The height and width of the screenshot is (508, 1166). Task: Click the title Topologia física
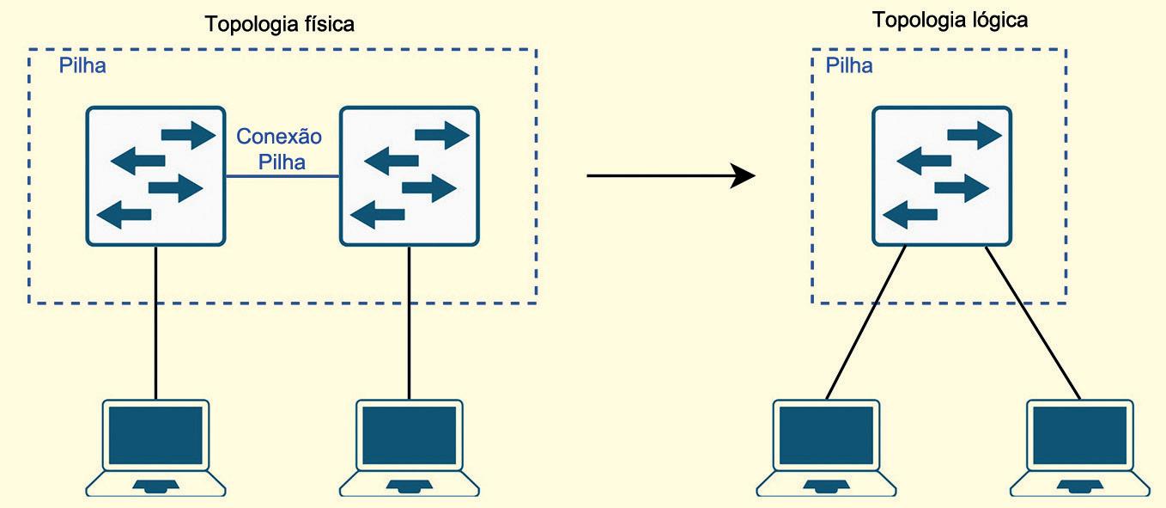279,24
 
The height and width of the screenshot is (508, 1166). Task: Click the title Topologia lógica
950,20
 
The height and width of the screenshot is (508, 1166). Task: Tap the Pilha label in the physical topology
82,66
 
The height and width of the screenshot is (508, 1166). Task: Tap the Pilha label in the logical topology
849,66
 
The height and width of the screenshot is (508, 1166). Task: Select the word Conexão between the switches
279,137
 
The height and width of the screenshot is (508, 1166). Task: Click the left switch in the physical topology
155,176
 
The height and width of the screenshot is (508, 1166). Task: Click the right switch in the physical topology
410,176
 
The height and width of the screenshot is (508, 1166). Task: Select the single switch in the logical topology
942,176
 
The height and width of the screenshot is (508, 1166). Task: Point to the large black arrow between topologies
670,176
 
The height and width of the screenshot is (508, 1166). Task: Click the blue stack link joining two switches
282,177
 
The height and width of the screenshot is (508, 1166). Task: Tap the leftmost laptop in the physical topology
155,447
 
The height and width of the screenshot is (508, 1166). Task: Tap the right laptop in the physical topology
410,447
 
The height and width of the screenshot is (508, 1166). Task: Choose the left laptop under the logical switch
826,447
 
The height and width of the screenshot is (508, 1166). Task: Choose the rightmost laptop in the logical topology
1079,447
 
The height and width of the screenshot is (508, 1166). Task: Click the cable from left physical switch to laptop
155,322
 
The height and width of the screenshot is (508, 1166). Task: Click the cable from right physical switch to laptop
410,322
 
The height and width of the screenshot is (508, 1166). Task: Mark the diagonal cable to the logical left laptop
865,322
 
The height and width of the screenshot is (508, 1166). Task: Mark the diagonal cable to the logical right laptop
1033,322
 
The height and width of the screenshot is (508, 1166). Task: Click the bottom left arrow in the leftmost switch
125,214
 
